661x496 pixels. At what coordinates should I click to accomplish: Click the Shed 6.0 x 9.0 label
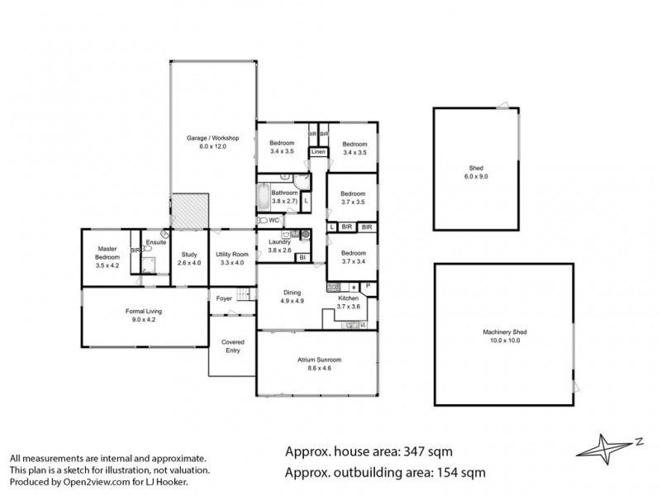pos(477,172)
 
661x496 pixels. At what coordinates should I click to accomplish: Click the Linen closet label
pos(318,152)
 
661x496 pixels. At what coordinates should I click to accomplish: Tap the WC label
pos(273,221)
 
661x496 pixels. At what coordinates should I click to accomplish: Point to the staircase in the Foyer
pos(243,295)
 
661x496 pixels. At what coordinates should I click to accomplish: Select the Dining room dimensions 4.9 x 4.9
pos(292,302)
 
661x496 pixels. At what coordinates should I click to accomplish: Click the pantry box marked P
pos(367,286)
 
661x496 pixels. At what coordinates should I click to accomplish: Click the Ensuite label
pos(155,242)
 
